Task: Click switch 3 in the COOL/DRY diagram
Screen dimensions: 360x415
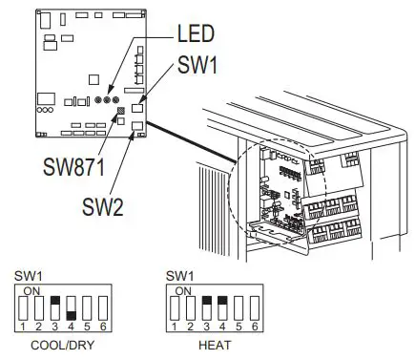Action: click(56, 308)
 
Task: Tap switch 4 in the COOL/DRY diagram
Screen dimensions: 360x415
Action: click(71, 308)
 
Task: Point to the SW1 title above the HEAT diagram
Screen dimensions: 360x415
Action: click(178, 276)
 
